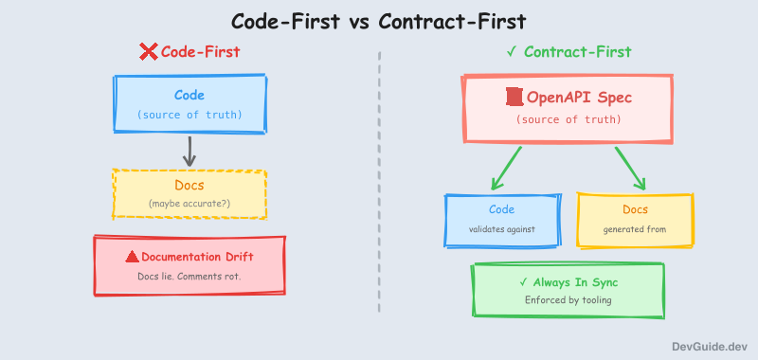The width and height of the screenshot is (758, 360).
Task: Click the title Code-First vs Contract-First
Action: point(379,20)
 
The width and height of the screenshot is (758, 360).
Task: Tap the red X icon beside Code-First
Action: point(149,52)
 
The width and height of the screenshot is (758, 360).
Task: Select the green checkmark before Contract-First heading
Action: point(512,52)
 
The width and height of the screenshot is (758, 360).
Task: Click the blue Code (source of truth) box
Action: point(189,104)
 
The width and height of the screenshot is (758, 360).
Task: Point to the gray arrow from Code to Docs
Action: point(189,151)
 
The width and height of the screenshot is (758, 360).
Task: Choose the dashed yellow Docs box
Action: point(189,193)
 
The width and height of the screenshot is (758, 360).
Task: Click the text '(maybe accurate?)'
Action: point(189,204)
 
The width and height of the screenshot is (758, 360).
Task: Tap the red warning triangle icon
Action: point(133,257)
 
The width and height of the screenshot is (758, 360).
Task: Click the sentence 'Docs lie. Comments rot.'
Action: point(189,276)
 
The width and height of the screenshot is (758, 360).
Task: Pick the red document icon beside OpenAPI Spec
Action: point(514,97)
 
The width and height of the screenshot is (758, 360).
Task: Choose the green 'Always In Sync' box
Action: point(568,290)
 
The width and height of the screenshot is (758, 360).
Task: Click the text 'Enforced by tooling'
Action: point(568,300)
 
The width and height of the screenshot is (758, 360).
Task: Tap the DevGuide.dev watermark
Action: point(710,348)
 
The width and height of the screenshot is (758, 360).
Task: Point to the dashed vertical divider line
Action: point(379,180)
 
